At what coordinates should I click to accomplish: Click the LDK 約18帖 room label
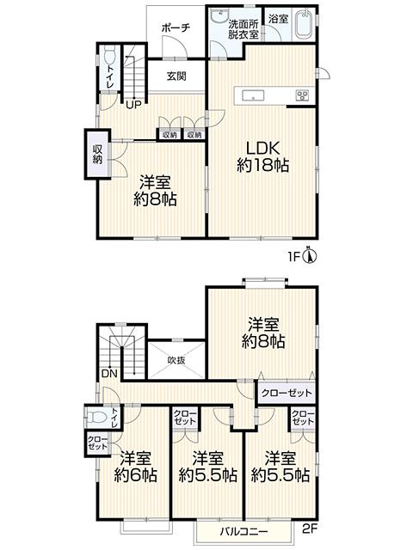coord(262,156)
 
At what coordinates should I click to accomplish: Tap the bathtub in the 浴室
coord(304,24)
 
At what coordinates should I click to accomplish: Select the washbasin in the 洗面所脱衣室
coord(220,15)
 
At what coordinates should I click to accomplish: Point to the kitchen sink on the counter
coord(253,95)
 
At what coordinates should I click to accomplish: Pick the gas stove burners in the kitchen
coord(302,95)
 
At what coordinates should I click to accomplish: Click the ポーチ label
coord(176,28)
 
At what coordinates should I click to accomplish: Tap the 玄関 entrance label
coord(176,76)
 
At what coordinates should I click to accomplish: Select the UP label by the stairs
coord(133,105)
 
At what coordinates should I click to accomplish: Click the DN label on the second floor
coord(109,374)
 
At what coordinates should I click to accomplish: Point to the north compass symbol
coord(310,256)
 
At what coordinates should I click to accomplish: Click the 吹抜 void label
coord(176,360)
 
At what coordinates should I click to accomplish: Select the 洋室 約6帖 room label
coord(136,467)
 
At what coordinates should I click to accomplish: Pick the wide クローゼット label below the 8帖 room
coord(287,393)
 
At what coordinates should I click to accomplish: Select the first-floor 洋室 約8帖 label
coord(155,191)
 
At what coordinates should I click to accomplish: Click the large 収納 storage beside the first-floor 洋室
coord(97,155)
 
